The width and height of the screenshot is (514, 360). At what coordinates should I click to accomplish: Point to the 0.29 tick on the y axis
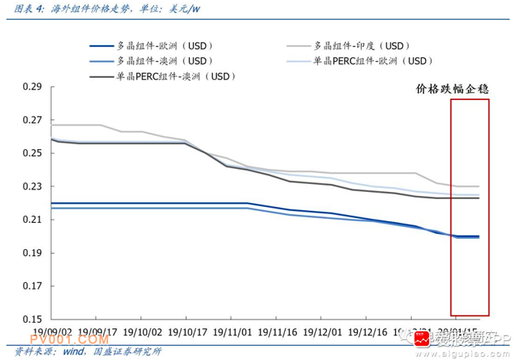(32, 86)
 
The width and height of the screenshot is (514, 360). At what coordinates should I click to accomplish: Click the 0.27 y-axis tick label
(32, 120)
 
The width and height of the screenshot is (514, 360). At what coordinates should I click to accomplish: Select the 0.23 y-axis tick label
(32, 186)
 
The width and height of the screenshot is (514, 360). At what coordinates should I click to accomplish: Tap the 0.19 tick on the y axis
(32, 253)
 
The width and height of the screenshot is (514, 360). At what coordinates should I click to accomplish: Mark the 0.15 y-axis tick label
(32, 319)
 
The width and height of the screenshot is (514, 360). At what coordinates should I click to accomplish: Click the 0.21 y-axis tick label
(32, 220)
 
